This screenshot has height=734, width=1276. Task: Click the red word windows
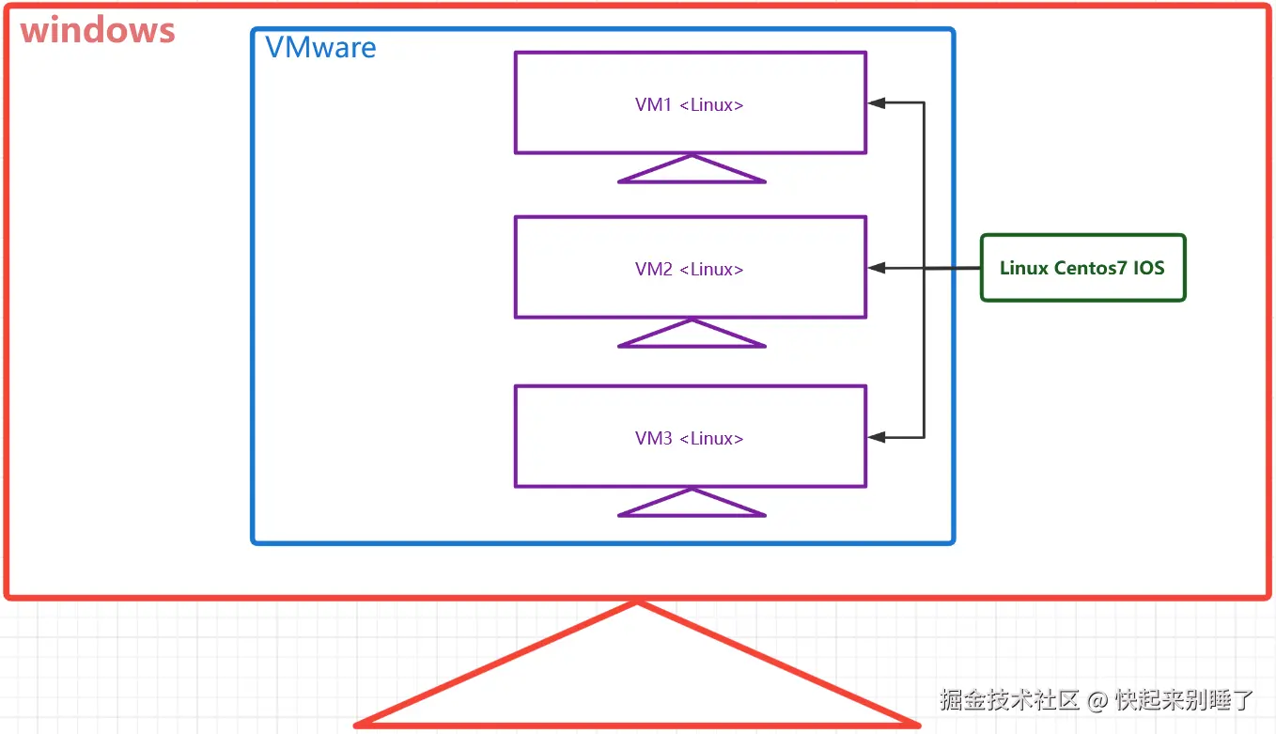click(98, 31)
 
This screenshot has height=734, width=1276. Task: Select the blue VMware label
click(320, 48)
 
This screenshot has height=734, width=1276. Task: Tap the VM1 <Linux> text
click(690, 105)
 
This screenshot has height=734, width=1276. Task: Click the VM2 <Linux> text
click(690, 270)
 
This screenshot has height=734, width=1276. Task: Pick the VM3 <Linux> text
click(690, 439)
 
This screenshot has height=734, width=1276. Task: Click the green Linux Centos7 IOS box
click(1082, 268)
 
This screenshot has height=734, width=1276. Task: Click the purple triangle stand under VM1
click(692, 171)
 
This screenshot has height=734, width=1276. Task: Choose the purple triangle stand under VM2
click(692, 336)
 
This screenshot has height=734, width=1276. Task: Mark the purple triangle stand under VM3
click(692, 505)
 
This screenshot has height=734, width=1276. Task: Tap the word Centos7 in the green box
click(1091, 268)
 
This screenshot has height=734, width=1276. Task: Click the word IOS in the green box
click(1148, 268)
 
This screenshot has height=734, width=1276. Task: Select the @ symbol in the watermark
click(1097, 701)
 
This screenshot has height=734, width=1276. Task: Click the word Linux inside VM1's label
click(711, 105)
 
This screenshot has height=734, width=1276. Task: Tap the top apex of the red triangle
click(637, 603)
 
